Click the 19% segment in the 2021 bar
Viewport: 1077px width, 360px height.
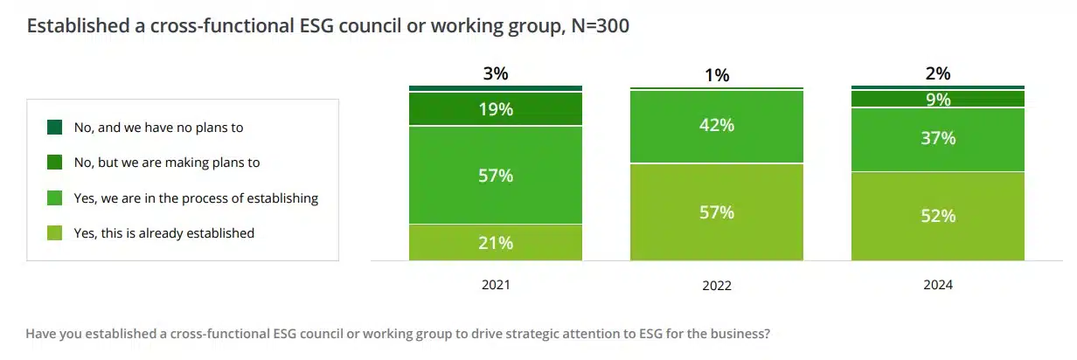point(496,109)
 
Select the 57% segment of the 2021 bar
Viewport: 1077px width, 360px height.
point(496,176)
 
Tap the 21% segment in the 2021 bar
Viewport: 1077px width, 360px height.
point(496,243)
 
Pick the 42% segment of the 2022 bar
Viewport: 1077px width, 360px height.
point(717,126)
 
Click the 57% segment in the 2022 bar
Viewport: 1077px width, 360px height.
point(717,212)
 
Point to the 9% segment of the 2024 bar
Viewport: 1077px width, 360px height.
point(938,100)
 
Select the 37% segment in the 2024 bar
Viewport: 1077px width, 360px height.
point(938,139)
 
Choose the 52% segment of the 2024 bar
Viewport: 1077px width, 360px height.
point(938,216)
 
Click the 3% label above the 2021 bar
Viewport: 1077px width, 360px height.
point(496,74)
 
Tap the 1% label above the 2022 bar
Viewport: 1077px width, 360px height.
point(717,75)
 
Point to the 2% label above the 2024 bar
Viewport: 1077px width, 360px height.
point(938,74)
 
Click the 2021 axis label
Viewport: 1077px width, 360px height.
point(496,285)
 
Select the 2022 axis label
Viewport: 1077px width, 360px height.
point(717,286)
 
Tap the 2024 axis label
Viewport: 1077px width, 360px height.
point(938,285)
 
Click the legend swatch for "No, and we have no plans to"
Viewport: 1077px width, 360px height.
point(54,128)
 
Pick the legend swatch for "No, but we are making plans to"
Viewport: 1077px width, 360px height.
point(54,163)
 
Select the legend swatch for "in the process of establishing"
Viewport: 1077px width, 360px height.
point(54,198)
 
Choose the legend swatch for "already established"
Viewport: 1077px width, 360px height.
point(54,233)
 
